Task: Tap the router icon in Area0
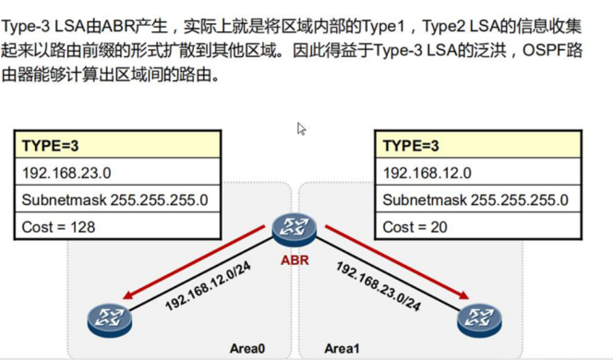(x=110, y=319)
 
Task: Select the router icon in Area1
(x=479, y=319)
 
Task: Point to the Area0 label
(x=247, y=348)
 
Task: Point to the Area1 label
(x=343, y=348)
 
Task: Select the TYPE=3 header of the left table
(x=118, y=145)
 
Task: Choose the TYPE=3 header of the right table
(x=478, y=145)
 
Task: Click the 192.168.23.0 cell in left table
(x=118, y=172)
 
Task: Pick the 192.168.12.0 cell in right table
(x=478, y=172)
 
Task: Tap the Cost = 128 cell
(x=118, y=225)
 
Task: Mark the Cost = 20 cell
(x=478, y=225)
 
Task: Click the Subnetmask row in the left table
(x=118, y=198)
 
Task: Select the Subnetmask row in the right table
(x=478, y=198)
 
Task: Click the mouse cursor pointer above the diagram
(x=301, y=128)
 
